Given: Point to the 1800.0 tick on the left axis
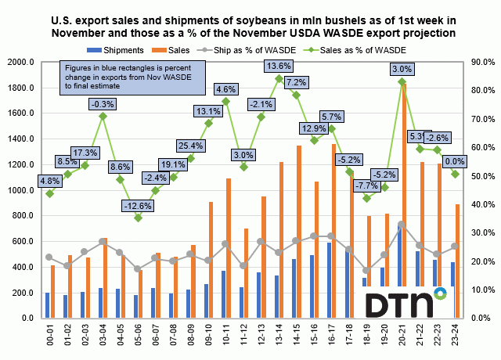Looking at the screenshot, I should click(x=26, y=88).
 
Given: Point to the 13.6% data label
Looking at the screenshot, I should click(x=279, y=65).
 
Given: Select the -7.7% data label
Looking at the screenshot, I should click(x=366, y=186).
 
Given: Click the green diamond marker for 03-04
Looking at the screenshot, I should click(x=103, y=116).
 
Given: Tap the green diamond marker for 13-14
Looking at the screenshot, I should click(x=279, y=78).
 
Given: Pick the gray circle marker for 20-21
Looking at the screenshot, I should click(x=402, y=225).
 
